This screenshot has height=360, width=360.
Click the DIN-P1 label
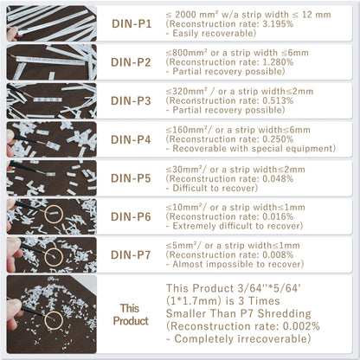tap(132, 24)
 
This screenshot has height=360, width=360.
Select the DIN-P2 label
tap(131, 62)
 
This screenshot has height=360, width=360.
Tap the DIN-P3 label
tap(131, 101)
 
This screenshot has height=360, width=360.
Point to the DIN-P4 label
tap(131, 139)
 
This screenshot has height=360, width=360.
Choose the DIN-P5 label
tap(131, 178)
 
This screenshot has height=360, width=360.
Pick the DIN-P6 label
tap(131, 217)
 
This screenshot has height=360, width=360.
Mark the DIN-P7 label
tap(131, 255)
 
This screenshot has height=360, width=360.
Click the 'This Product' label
tap(131, 315)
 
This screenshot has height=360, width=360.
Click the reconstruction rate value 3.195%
tap(278, 24)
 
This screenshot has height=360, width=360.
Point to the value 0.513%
tap(278, 100)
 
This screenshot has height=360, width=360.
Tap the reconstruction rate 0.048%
tap(278, 178)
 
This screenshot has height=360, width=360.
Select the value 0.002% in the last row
tap(301, 326)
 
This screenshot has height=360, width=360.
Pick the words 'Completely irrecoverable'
tap(241, 338)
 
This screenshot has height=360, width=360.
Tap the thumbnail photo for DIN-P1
tap(52, 23)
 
